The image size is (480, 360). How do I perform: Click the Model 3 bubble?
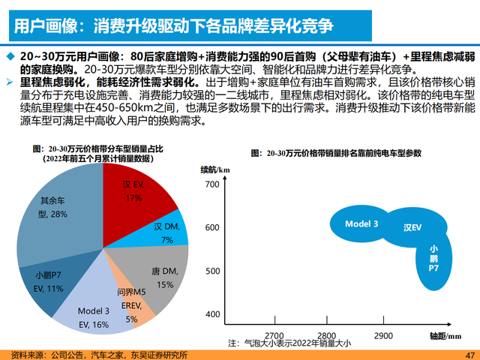[361, 223]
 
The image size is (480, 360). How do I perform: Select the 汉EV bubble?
[412, 226]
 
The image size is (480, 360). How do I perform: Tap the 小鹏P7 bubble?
[433, 257]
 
